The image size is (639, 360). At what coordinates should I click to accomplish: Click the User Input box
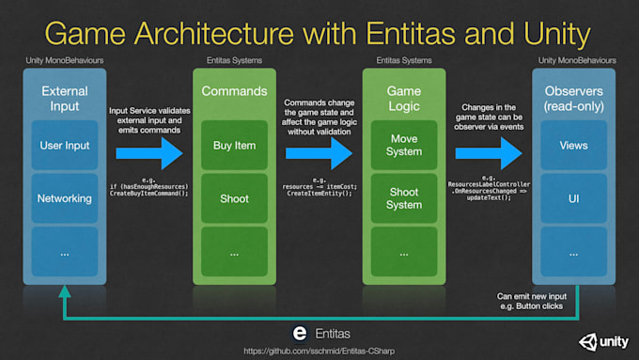65,146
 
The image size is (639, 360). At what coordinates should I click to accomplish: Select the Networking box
65,198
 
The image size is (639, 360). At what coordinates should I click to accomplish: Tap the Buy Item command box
234,146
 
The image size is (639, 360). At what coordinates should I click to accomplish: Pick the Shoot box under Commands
234,198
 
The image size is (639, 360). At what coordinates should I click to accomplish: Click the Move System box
403,146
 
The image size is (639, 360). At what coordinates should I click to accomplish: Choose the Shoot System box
403,198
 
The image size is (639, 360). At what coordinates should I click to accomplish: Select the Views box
573,146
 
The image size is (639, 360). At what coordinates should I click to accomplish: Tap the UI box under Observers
573,198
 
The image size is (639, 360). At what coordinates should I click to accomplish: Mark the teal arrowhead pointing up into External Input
64,292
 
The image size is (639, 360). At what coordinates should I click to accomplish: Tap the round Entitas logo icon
300,333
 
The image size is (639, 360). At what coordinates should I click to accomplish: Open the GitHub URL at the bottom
319,351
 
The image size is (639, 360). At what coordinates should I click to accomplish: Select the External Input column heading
65,100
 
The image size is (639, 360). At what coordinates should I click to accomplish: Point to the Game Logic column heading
403,100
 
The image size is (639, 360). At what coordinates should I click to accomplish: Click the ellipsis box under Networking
65,252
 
